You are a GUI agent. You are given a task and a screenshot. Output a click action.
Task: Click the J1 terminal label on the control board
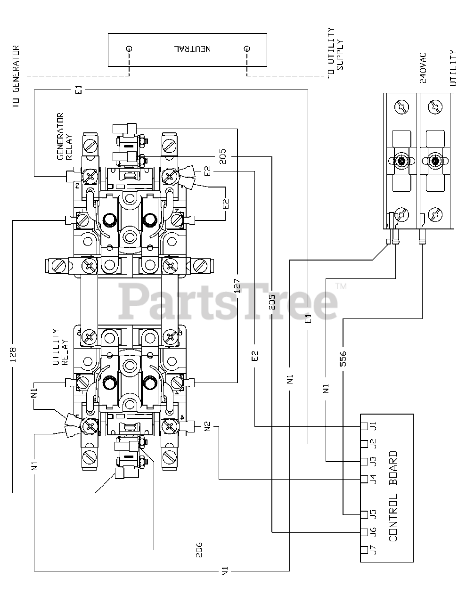[x=374, y=426]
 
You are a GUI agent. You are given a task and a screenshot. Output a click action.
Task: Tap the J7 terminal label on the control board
[x=374, y=549]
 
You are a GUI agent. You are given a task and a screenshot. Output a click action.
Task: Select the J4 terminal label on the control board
[x=374, y=479]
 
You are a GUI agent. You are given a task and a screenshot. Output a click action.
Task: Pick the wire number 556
[x=343, y=359]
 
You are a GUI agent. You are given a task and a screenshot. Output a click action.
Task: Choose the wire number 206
[x=199, y=549]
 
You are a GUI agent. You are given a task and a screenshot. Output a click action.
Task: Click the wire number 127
[x=237, y=285]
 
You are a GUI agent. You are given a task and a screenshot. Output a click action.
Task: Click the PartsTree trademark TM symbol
[x=341, y=285]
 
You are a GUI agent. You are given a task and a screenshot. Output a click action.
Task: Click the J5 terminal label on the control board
[x=374, y=514]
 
